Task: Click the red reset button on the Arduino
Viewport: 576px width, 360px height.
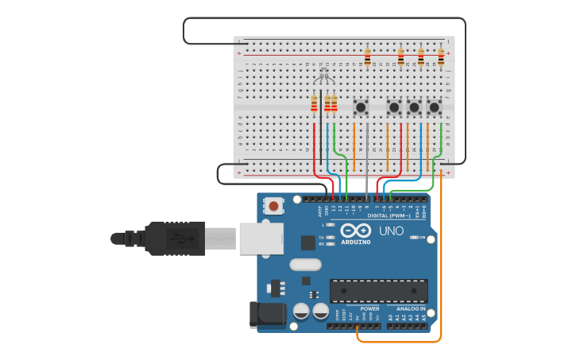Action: [x=273, y=206]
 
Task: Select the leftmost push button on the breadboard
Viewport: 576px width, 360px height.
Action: [x=361, y=106]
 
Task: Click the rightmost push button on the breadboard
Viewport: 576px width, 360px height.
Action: [x=434, y=106]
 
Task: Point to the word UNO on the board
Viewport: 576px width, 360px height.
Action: [x=390, y=230]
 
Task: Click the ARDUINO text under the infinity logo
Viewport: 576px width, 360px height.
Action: [x=355, y=242]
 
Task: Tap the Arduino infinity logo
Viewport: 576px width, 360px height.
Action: [x=355, y=230]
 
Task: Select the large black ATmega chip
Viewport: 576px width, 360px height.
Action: [x=378, y=291]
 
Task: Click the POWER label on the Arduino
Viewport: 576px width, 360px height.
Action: [x=369, y=308]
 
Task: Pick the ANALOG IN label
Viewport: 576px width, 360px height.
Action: [x=411, y=308]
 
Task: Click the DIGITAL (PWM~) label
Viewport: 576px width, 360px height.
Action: [x=389, y=215]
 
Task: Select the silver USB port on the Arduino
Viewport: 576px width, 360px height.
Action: [x=261, y=238]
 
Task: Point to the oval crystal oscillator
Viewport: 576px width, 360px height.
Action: [x=305, y=264]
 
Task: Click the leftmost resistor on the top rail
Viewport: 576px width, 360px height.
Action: [x=367, y=56]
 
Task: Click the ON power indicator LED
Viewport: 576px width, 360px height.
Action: [x=413, y=237]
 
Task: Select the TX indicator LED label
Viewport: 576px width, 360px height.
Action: [x=321, y=237]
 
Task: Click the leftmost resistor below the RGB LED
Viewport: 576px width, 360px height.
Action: [x=314, y=103]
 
